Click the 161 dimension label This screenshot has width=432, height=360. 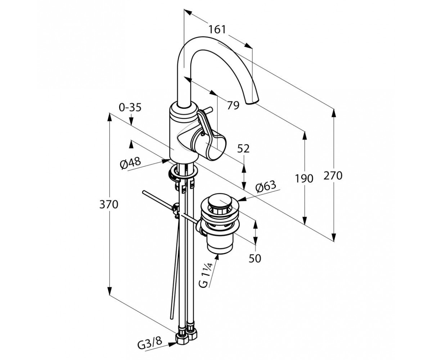tap(217, 30)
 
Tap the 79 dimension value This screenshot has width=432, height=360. tap(233, 105)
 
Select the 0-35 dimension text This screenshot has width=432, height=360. tap(130, 108)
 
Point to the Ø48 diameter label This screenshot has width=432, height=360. tap(130, 163)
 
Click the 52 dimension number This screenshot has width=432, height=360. tap(243, 149)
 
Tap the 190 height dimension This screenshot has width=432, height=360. tap(304, 179)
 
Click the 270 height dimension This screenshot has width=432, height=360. tap(333, 176)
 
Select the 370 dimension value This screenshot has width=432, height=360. tap(109, 204)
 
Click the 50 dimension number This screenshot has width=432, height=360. tap(255, 258)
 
